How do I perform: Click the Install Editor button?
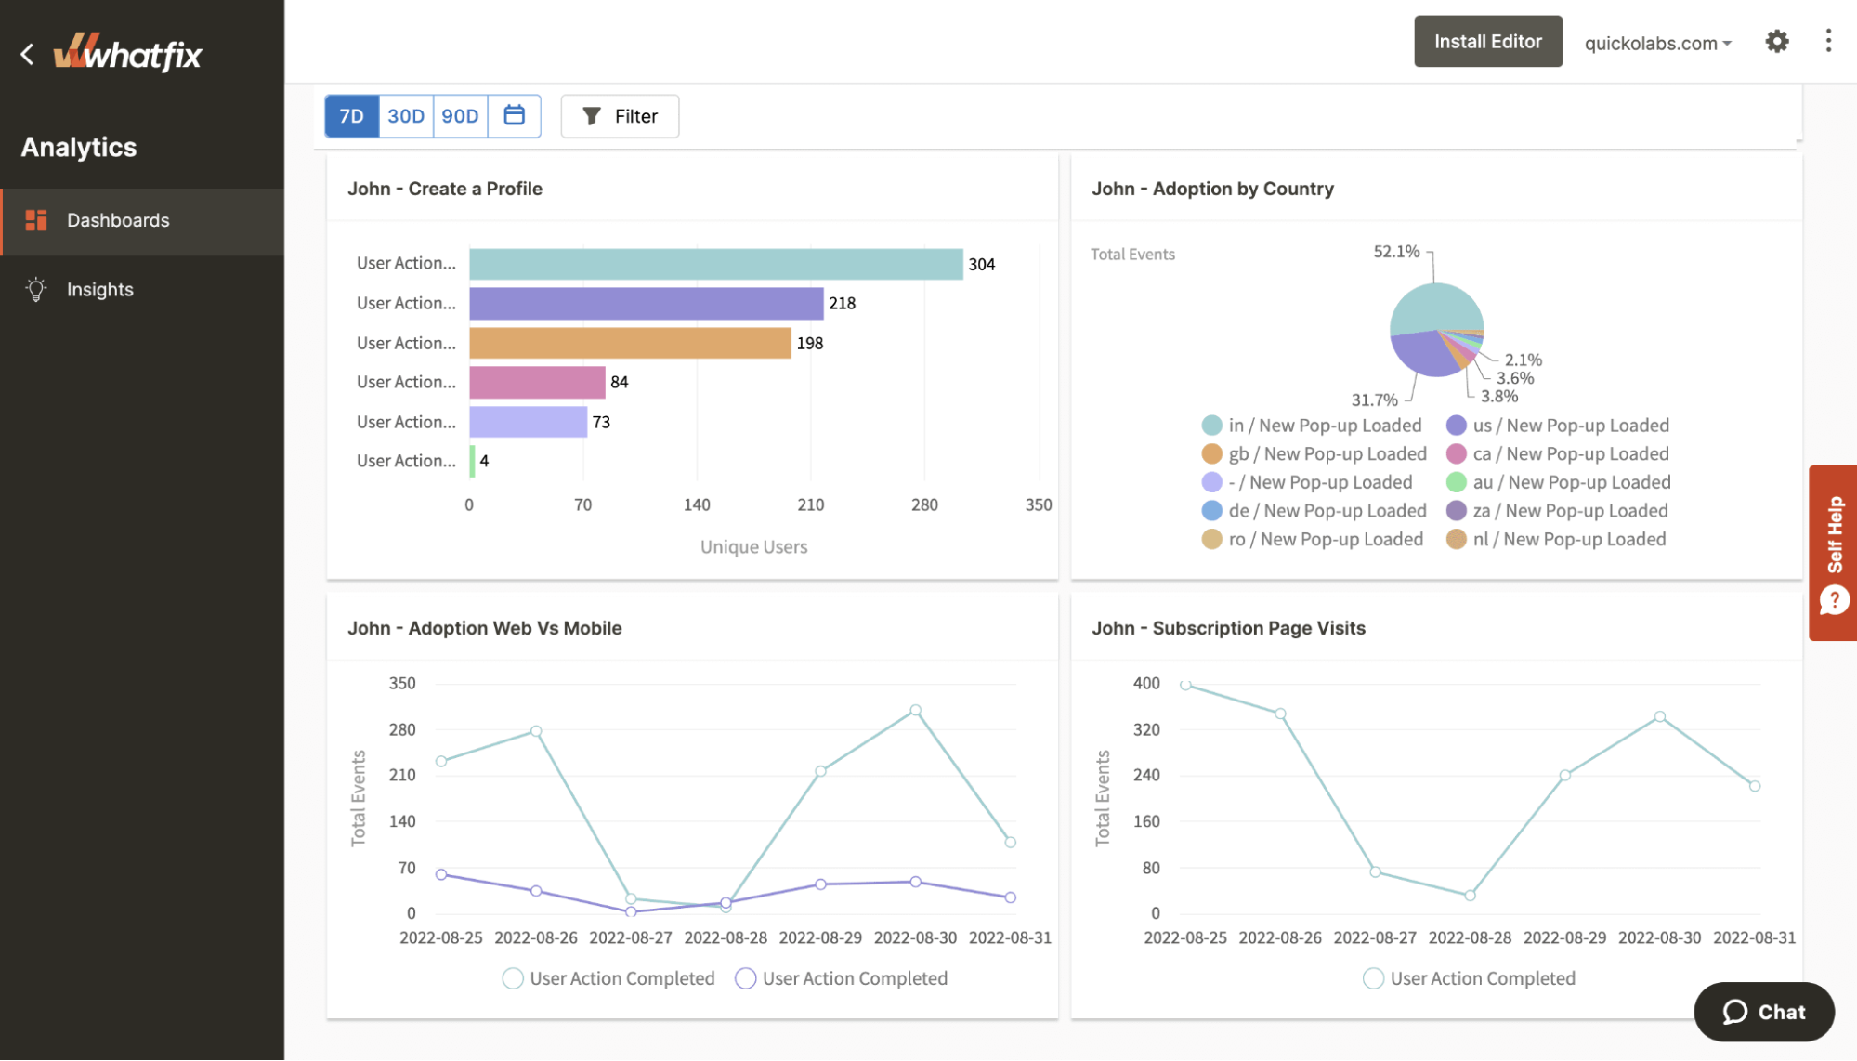coord(1487,42)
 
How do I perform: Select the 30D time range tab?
coord(405,116)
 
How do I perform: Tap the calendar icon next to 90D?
coord(514,115)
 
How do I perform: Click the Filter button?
coord(620,116)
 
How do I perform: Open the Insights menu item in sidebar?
coord(99,289)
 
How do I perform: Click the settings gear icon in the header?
coord(1776,42)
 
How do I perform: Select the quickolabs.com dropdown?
coord(1657,44)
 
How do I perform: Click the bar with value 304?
coord(715,264)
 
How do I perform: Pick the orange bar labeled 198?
coord(630,343)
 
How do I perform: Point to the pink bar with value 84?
coord(537,382)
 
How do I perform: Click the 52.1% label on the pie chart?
coord(1396,252)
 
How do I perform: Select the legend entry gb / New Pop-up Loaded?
coord(1327,453)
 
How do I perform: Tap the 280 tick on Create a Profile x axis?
coord(924,504)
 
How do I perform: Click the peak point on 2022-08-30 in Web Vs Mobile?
coord(915,710)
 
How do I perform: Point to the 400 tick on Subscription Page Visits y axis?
coord(1146,683)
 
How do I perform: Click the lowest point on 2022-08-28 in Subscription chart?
coord(1470,896)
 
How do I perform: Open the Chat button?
coord(1763,1012)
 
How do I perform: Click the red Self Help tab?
coord(1833,553)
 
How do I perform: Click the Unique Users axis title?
coord(753,547)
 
